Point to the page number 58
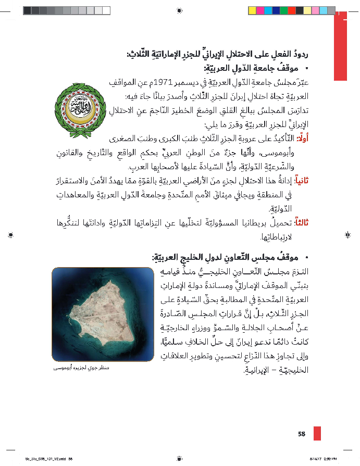tap(302, 434)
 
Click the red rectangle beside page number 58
tap(317, 433)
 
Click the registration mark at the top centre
tap(180, 10)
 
